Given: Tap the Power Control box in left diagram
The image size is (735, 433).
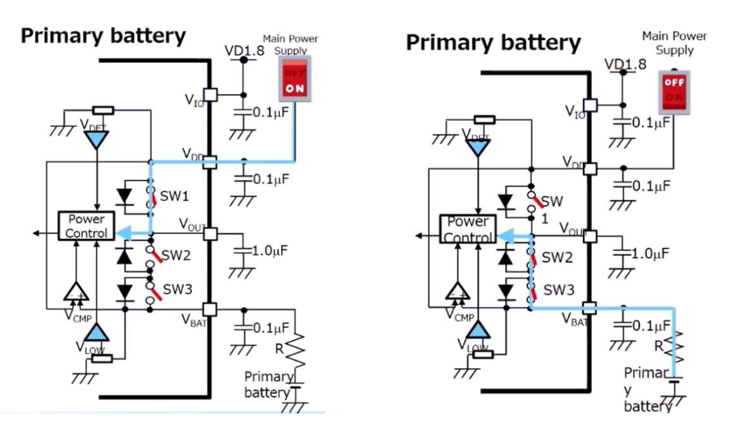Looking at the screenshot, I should (x=86, y=225).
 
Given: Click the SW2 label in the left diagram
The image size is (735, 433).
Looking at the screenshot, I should (x=176, y=256).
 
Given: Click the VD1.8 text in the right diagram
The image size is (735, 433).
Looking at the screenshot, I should (x=626, y=64).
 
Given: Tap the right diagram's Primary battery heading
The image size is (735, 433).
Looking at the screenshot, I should (x=493, y=42).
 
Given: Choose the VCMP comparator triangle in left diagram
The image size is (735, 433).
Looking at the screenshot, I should (x=77, y=292).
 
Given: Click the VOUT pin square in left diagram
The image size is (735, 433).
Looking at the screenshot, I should (x=210, y=233).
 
